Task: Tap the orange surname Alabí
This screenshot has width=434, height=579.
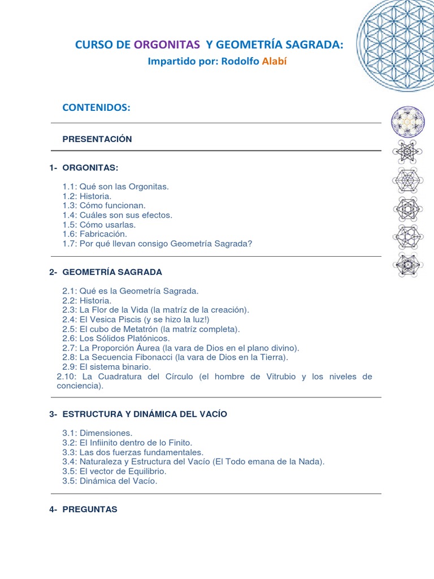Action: [x=275, y=61]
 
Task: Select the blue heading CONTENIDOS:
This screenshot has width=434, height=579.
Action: [x=96, y=107]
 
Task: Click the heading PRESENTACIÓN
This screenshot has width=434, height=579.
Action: [x=97, y=139]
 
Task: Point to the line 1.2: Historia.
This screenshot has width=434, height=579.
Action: [x=87, y=196]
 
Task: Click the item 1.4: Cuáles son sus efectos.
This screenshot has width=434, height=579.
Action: [x=118, y=215]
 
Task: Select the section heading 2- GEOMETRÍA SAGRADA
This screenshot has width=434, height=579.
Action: [x=106, y=272]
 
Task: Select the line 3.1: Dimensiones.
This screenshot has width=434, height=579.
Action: [x=97, y=433]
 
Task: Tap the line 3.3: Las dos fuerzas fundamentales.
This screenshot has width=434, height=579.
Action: [x=133, y=452]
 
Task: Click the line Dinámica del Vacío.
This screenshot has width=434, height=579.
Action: [x=110, y=481]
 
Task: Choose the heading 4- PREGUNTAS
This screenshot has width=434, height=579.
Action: [x=84, y=509]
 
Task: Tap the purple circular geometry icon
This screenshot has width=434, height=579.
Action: [x=407, y=122]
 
